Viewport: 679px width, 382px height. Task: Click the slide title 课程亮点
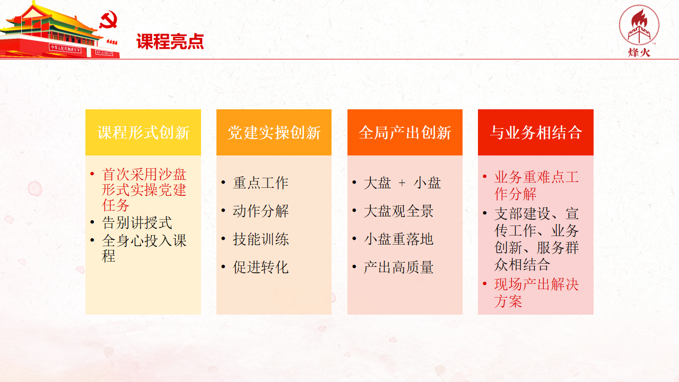coord(170,41)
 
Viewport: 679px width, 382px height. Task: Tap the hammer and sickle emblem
coord(109,20)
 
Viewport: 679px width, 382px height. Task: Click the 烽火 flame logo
coord(639,31)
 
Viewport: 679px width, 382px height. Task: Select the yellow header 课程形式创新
coord(143,133)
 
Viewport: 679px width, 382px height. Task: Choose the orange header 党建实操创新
coord(274,133)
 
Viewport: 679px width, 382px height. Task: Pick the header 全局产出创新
coord(405,133)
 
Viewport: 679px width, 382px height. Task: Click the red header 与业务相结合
coord(536,133)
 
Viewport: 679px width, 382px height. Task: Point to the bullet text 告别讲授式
coord(137,223)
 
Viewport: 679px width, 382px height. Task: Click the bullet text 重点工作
coord(260,183)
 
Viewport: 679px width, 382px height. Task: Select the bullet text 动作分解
coord(260,211)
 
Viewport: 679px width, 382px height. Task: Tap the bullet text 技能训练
coord(260,239)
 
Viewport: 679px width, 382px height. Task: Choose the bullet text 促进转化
coord(260,267)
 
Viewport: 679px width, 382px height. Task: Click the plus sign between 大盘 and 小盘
coord(402,183)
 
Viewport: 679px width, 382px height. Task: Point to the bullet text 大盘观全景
coord(398,211)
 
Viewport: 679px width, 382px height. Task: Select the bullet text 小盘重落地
coord(398,239)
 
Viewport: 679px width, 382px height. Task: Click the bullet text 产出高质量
coord(398,267)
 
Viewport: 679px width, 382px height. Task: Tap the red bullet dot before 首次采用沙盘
coord(92,173)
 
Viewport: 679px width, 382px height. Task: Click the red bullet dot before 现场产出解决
coord(485,284)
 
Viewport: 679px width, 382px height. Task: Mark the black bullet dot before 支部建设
coord(485,213)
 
